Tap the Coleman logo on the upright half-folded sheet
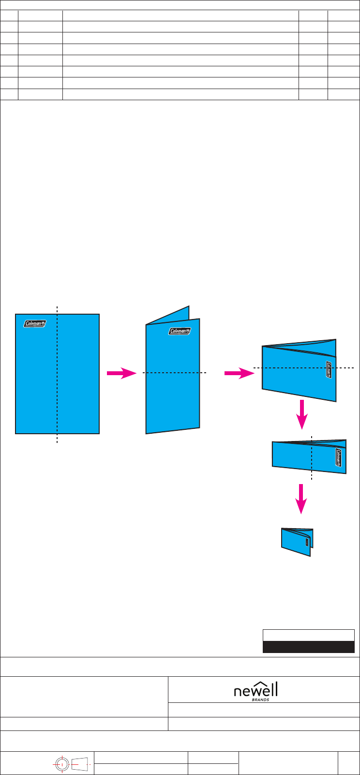pos(180,331)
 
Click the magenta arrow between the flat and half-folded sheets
pos(121,373)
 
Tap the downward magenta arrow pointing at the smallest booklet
pos(301,499)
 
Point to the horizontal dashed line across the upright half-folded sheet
pos(174,372)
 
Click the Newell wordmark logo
pos(256,689)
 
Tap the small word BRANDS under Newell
pos(260,699)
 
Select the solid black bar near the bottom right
pos(308,647)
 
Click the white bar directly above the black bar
pos(308,635)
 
